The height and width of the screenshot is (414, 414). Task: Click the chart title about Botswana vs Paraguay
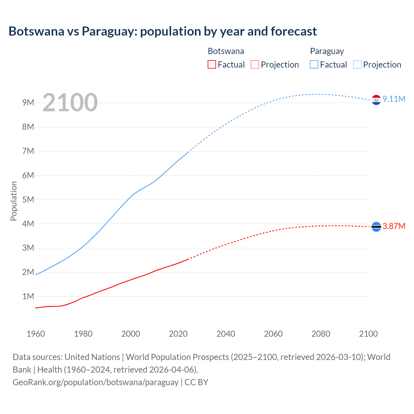tap(162, 31)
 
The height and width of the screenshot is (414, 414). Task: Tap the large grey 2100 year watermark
tap(70, 103)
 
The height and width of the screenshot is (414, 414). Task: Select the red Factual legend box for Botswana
tap(212, 65)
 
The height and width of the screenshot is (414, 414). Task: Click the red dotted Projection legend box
tap(255, 65)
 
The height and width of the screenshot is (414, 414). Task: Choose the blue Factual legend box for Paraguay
tap(314, 65)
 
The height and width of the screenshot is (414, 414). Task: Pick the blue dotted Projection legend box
tap(357, 65)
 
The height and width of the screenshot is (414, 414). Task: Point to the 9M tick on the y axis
tap(28, 103)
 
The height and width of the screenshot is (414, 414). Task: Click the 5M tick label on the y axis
tap(28, 200)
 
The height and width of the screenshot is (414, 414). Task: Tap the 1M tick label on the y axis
tap(28, 296)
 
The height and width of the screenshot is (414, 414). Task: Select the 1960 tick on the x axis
tap(36, 334)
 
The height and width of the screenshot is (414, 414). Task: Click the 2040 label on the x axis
tap(226, 334)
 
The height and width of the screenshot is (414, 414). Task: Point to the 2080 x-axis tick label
tap(321, 334)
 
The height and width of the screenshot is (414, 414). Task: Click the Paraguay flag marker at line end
tap(376, 100)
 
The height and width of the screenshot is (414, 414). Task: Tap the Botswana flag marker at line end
tap(376, 227)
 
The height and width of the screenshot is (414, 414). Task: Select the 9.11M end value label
tap(394, 99)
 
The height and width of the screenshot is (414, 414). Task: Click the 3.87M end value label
tap(394, 226)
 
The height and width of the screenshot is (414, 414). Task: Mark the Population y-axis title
tap(14, 201)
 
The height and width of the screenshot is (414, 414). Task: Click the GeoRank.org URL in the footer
tap(95, 382)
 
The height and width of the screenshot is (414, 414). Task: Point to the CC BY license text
tap(196, 382)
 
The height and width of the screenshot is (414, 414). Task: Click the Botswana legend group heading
tap(226, 51)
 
